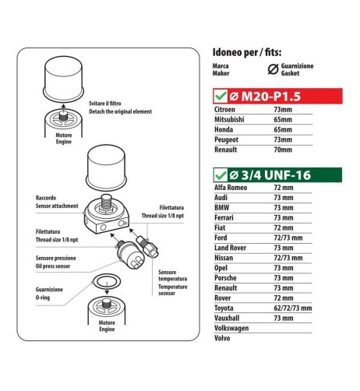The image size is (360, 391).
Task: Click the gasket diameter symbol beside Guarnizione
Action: coord(272,71)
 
